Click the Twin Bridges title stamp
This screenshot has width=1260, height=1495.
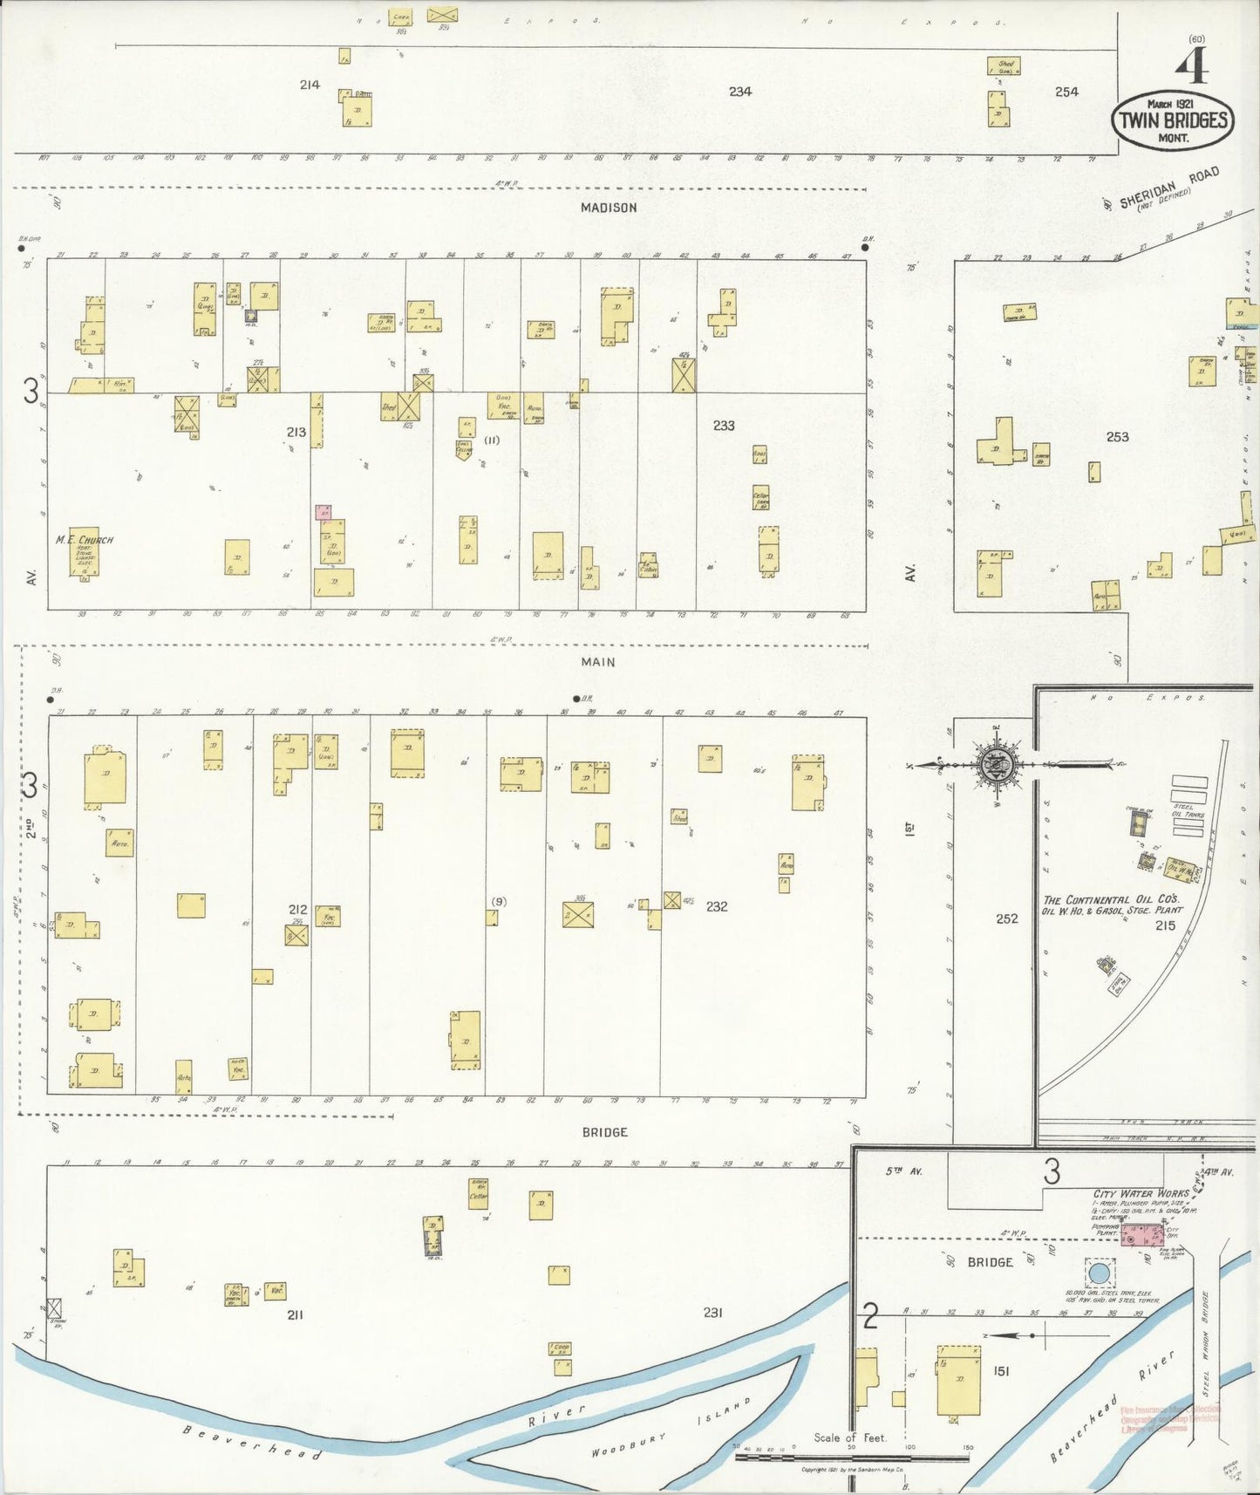(x=1171, y=119)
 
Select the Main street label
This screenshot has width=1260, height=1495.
(x=598, y=662)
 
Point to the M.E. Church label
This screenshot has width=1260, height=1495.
(x=85, y=540)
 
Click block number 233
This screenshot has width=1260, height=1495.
(x=723, y=426)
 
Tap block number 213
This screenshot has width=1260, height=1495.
(x=296, y=432)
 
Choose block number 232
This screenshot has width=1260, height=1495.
(x=717, y=907)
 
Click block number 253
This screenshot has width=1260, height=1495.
(x=1117, y=437)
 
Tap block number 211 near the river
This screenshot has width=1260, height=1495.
(x=295, y=1314)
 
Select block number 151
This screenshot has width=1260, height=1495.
(x=1000, y=1372)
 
